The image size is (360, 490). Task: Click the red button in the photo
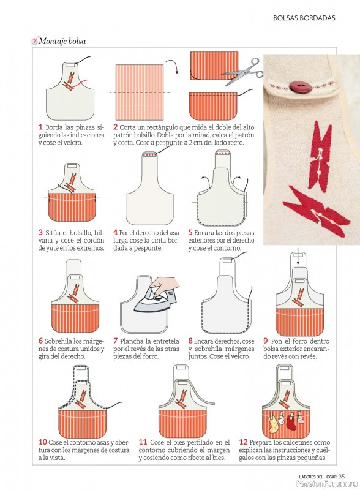296,86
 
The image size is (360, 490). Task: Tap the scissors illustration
243,72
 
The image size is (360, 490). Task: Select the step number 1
40,127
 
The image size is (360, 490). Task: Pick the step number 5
190,233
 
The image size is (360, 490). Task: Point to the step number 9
265,341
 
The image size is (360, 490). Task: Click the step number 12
243,442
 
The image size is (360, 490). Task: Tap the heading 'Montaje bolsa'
62,41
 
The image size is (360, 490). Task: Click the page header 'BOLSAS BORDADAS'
304,18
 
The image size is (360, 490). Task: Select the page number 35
342,477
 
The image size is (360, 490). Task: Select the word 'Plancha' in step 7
132,341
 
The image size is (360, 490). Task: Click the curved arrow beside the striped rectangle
173,66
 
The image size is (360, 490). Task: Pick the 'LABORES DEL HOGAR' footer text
318,477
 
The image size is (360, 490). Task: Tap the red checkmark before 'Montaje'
34,40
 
